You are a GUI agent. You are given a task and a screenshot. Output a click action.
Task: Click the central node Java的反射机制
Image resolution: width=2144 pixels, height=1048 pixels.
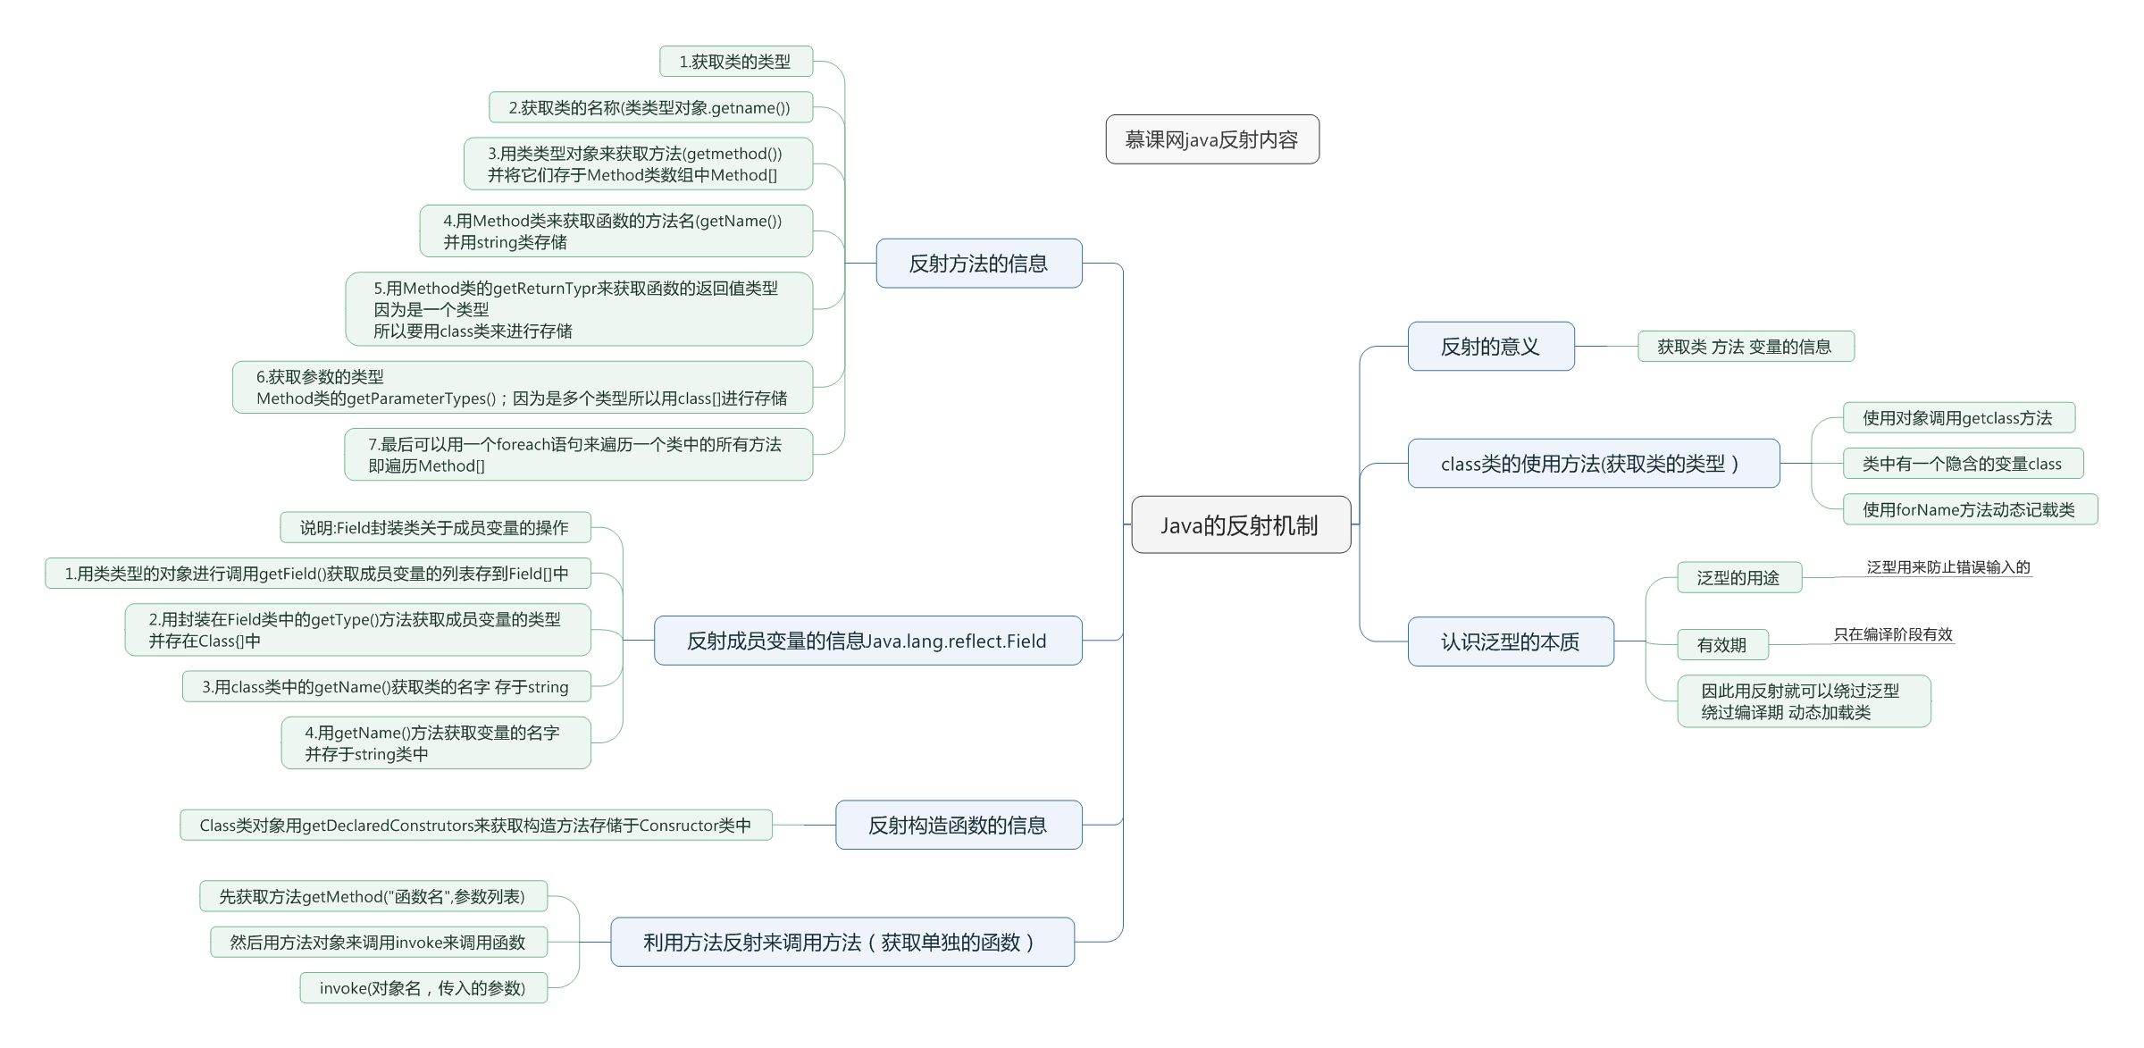pyautogui.click(x=1240, y=525)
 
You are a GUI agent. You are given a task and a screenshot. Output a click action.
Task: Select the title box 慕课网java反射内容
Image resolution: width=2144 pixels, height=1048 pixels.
pyautogui.click(x=1211, y=139)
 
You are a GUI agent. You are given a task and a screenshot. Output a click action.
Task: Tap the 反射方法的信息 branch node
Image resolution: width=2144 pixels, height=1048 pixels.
pyautogui.click(x=978, y=264)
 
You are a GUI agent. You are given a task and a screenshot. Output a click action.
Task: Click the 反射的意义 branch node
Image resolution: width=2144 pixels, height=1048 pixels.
pyautogui.click(x=1490, y=347)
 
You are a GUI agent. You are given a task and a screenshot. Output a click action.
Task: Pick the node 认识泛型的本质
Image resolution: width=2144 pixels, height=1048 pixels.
pyautogui.click(x=1510, y=641)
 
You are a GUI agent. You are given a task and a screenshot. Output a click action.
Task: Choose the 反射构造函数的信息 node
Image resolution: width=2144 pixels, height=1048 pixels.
pyautogui.click(x=958, y=825)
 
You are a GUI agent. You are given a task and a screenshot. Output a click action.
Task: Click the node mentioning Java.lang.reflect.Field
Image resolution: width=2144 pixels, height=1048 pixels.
pyautogui.click(x=867, y=641)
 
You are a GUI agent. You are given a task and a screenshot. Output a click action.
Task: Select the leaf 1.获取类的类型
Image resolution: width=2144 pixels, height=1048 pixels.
pyautogui.click(x=735, y=62)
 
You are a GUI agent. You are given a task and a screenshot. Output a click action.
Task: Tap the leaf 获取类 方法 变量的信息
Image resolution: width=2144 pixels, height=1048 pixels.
pyautogui.click(x=1745, y=347)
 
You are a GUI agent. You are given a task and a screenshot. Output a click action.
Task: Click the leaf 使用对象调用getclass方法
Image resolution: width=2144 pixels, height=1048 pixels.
pyautogui.click(x=1957, y=418)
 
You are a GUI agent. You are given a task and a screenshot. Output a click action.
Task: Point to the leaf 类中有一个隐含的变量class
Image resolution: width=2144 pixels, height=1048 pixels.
pyautogui.click(x=1962, y=464)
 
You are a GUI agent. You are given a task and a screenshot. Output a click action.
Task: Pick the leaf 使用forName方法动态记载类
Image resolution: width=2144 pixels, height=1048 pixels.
pyautogui.click(x=1969, y=510)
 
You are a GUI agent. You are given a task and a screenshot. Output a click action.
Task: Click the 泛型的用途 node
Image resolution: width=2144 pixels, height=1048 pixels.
pyautogui.click(x=1738, y=578)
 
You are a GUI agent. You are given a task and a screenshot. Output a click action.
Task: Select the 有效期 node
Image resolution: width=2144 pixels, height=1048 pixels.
pyautogui.click(x=1721, y=645)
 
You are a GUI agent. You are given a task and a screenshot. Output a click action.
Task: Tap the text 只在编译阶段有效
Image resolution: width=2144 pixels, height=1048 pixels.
pyautogui.click(x=1893, y=634)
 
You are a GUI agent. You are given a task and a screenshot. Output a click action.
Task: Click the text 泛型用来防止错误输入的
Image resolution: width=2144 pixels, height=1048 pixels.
pyautogui.click(x=1947, y=567)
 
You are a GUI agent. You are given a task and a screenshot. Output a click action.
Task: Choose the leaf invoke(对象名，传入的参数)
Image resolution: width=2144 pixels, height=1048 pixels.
pyautogui.click(x=423, y=988)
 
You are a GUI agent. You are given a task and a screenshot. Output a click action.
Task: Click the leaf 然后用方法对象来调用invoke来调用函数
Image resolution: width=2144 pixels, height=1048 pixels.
pyautogui.click(x=378, y=943)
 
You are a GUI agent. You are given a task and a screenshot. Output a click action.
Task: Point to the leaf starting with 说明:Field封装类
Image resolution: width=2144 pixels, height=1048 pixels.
pyautogui.click(x=434, y=528)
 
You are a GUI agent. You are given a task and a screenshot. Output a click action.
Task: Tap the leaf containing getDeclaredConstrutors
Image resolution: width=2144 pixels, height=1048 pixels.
pyautogui.click(x=475, y=826)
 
